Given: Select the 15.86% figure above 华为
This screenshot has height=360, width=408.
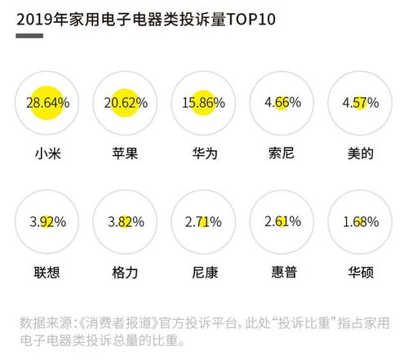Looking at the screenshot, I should [202, 104].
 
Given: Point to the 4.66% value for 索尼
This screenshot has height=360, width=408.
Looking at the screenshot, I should [281, 104].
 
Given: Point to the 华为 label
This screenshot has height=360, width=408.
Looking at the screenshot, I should [202, 153].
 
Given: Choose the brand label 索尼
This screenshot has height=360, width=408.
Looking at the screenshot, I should [281, 153].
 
